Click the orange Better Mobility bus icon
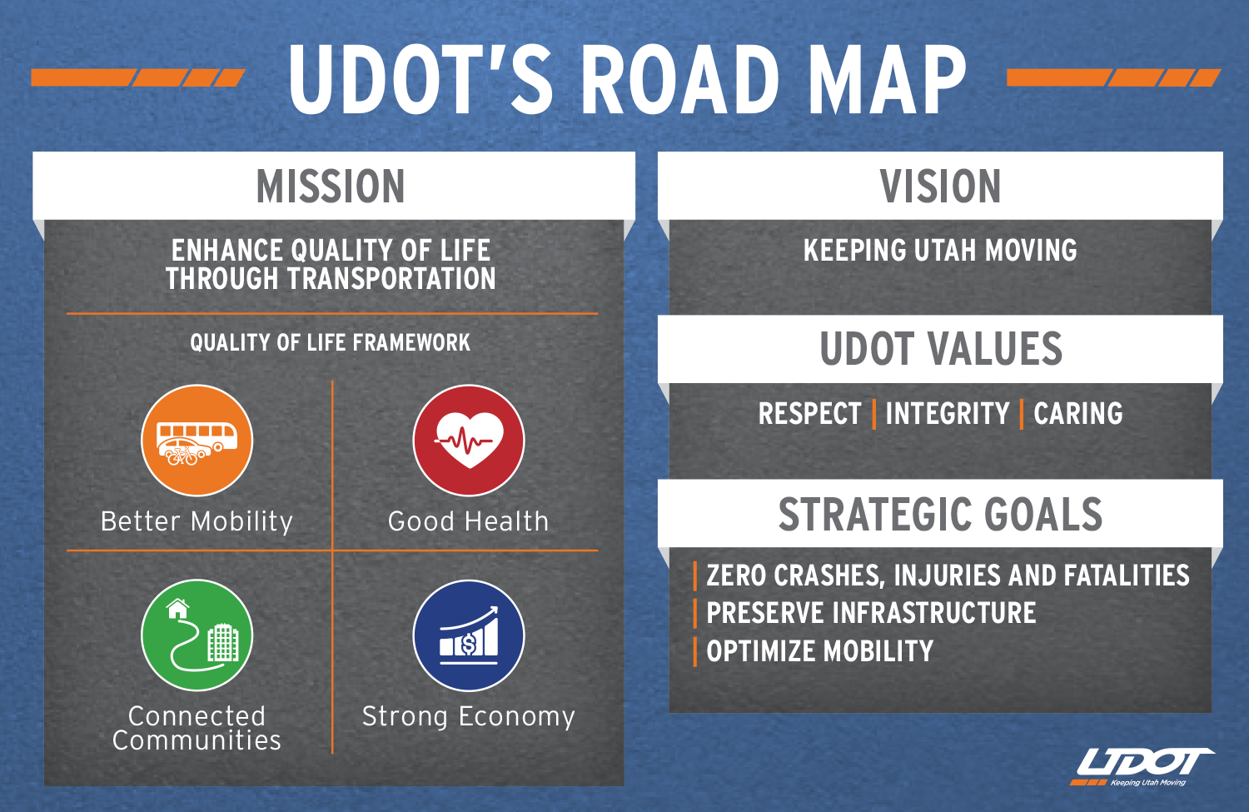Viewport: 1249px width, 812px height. [197, 440]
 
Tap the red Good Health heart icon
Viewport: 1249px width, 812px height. [468, 440]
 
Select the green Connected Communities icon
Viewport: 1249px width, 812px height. [197, 635]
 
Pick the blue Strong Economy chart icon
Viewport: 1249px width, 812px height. [468, 635]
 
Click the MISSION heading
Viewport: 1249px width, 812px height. [330, 187]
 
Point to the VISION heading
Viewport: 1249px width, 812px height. [940, 187]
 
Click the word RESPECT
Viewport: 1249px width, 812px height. [809, 413]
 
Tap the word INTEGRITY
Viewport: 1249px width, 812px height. [948, 413]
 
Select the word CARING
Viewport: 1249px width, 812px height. [1077, 413]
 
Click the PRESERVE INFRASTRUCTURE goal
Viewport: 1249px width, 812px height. [871, 613]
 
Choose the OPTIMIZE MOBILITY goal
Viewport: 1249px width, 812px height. [819, 650]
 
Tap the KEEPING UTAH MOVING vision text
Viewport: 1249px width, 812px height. [940, 250]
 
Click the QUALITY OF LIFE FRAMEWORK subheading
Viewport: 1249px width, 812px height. [330, 342]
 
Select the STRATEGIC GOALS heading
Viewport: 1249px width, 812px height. [940, 514]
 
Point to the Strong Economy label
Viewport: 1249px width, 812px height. [468, 716]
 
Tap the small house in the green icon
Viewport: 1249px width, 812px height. [178, 609]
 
